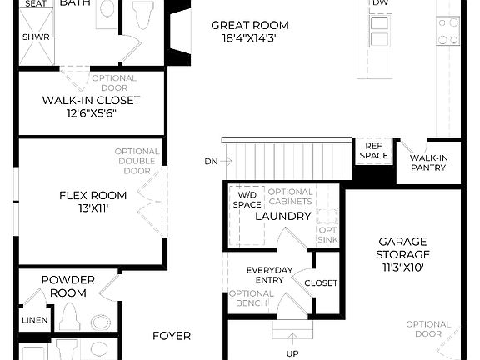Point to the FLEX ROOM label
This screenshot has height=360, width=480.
coord(92,196)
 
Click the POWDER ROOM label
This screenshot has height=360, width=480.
coord(67,287)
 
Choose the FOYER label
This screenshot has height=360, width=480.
coord(172,336)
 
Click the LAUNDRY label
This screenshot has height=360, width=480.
coord(282,217)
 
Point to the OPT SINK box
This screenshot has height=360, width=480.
coord(328,234)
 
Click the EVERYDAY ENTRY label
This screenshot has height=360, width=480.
coord(269,275)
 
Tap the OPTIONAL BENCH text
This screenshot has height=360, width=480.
coord(251,298)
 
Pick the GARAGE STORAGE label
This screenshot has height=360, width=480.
coord(402,248)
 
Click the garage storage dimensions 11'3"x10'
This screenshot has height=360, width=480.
coord(402,267)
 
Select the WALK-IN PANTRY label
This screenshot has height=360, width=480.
coord(427,162)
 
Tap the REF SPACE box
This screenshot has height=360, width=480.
coord(373,151)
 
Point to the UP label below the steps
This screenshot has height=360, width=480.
coord(292,353)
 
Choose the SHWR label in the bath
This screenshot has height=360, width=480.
coord(34,37)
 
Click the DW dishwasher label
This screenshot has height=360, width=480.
coord(380,3)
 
